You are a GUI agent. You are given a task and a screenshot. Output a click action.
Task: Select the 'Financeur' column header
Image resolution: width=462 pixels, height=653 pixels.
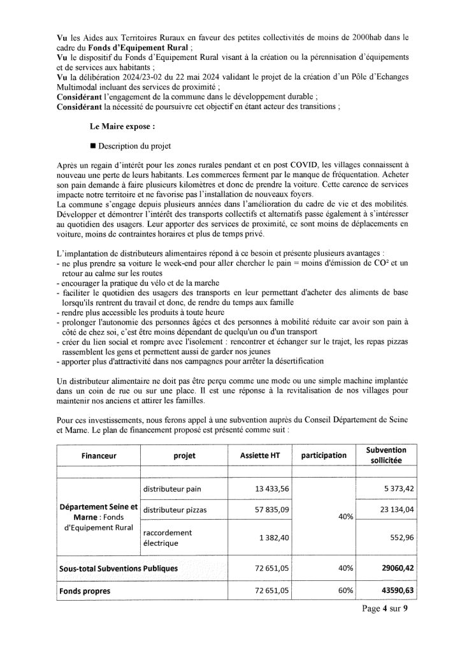pyautogui.click(x=99, y=456)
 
